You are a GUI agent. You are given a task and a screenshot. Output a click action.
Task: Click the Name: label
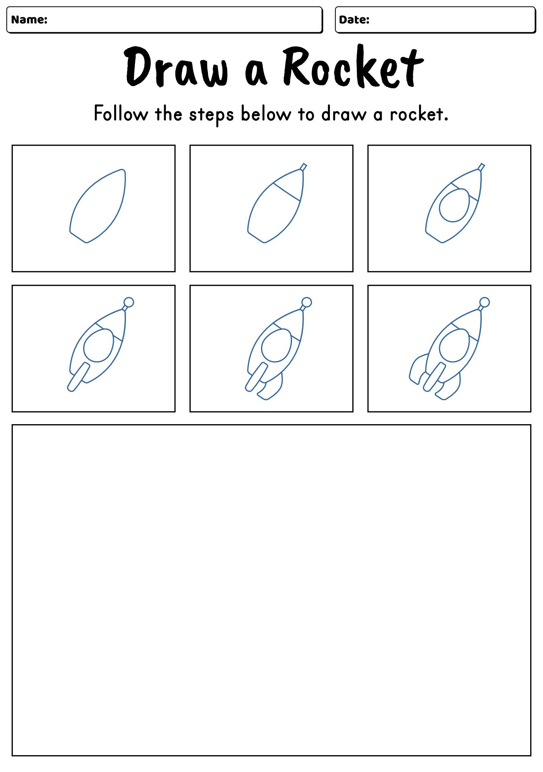tap(29, 19)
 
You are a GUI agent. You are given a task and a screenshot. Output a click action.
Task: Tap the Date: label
tap(354, 19)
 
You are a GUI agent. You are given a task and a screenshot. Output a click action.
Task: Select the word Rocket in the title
tap(353, 68)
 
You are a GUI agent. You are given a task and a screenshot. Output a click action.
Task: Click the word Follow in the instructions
tap(121, 114)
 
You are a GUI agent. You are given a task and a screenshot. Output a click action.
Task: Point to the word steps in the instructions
tap(211, 115)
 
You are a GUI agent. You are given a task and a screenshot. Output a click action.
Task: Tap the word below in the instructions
tap(266, 114)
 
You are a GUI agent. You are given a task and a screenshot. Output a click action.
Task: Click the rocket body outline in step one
tap(98, 206)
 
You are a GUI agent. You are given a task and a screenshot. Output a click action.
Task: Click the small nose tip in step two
tap(304, 166)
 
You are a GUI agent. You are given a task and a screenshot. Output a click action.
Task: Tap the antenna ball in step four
tap(129, 302)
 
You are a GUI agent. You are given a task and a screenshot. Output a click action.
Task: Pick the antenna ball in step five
tap(306, 302)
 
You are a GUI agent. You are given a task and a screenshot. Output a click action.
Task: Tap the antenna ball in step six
tap(485, 302)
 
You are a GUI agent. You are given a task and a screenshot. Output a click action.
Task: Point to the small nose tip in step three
tap(482, 166)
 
